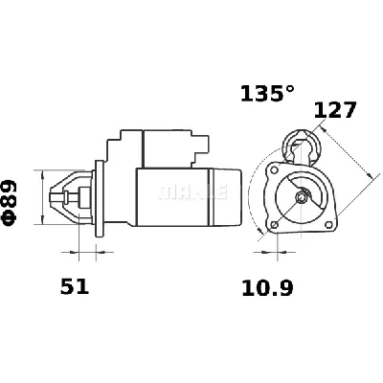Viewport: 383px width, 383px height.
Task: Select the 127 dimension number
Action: [335, 110]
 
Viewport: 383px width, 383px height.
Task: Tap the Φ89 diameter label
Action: [11, 201]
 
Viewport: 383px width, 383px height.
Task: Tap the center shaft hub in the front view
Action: [303, 198]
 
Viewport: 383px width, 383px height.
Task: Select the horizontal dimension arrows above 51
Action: [85, 255]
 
